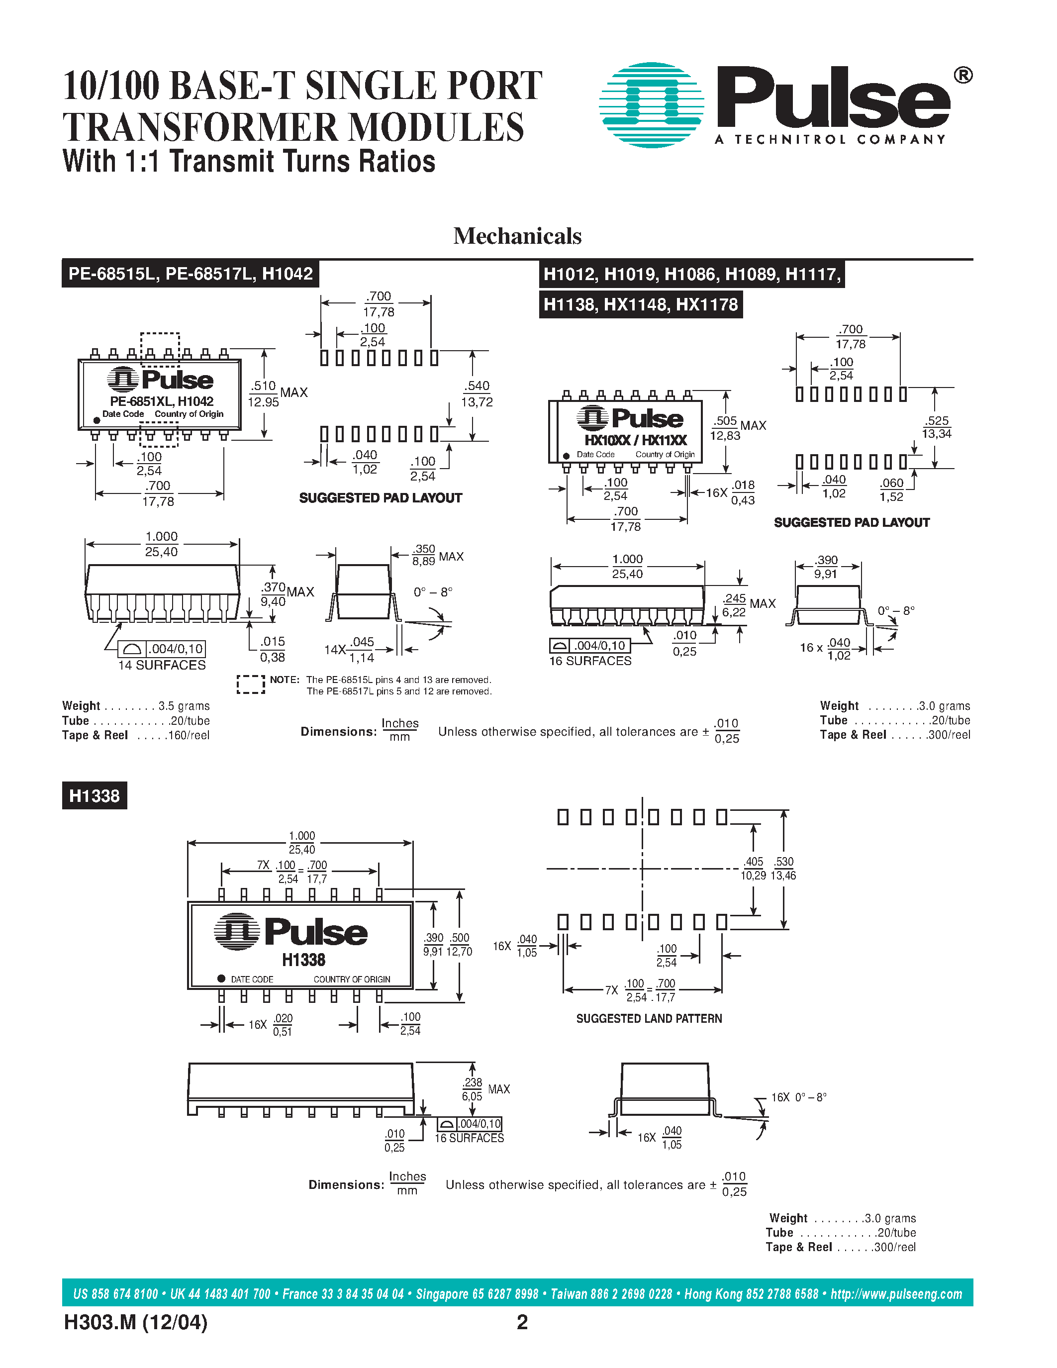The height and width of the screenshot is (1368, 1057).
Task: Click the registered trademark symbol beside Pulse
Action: (x=962, y=76)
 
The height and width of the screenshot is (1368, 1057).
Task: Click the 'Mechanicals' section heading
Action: (x=517, y=236)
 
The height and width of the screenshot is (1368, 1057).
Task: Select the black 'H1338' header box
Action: (x=95, y=795)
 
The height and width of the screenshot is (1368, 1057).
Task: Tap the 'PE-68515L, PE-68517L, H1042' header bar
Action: (x=191, y=274)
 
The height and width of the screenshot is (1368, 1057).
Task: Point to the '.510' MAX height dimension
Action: (x=264, y=387)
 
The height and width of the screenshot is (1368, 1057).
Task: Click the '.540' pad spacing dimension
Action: (x=477, y=387)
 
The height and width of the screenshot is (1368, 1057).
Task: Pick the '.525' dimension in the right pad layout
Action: (x=937, y=421)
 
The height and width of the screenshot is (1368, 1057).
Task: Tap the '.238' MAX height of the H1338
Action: (x=472, y=1082)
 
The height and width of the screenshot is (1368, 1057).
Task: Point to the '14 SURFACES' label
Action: (x=162, y=665)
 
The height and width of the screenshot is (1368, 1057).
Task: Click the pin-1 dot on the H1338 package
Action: (x=221, y=978)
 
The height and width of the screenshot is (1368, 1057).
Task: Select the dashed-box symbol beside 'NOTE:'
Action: (x=251, y=684)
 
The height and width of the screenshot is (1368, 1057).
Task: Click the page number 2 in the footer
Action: (x=522, y=1322)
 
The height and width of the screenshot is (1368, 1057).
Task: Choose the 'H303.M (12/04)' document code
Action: (x=135, y=1322)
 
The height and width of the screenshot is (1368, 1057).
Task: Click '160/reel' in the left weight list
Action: (x=189, y=735)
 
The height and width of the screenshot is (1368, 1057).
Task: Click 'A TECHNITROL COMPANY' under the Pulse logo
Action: (x=830, y=140)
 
